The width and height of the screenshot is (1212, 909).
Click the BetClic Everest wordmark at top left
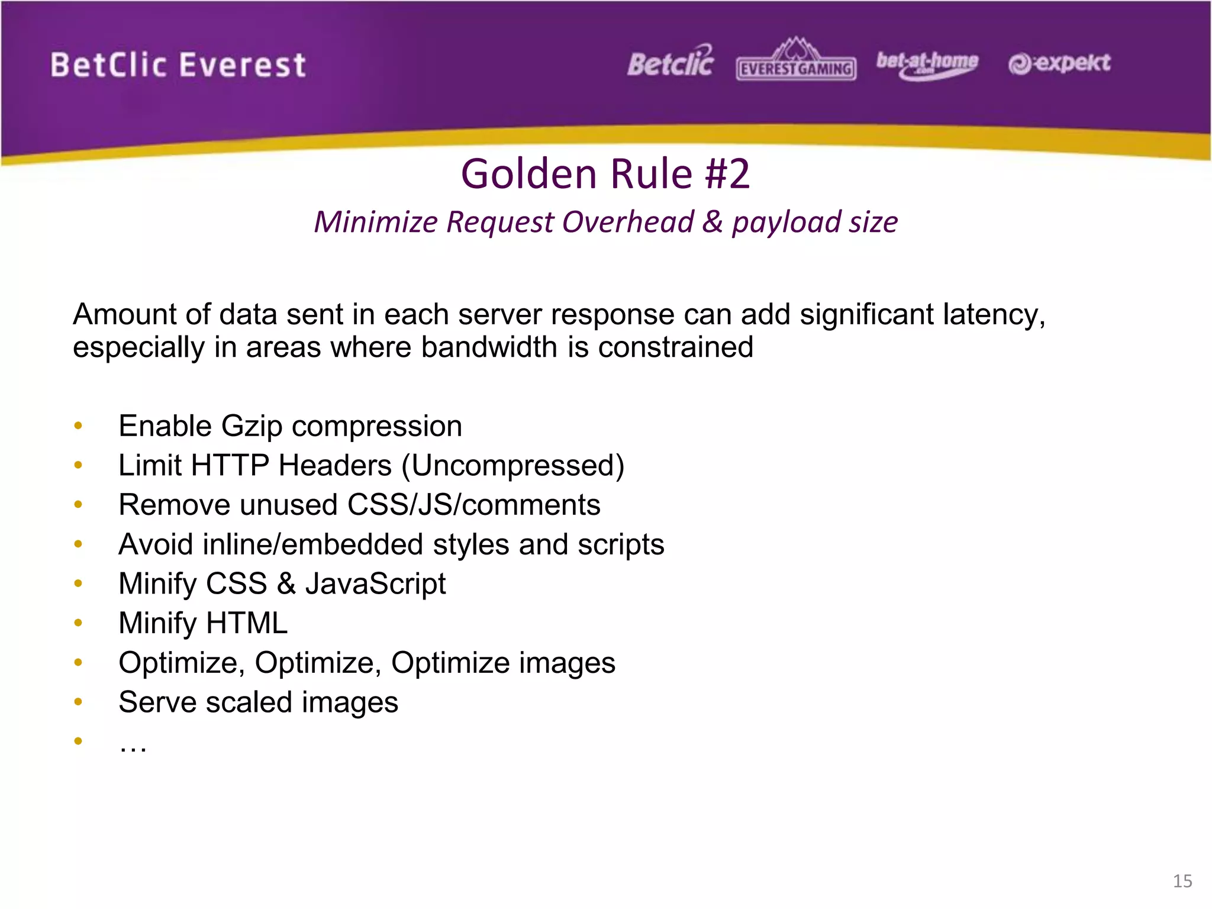tap(178, 65)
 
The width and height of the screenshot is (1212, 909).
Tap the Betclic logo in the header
tap(671, 62)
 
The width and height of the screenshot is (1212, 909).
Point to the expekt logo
tap(1059, 63)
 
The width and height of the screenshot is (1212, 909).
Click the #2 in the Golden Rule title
tap(727, 174)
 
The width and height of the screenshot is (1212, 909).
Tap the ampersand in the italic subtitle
tap(713, 223)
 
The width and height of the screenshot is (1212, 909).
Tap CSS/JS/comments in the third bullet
tap(473, 505)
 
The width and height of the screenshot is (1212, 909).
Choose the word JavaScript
tap(375, 584)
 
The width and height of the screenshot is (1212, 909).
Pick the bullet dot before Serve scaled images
tap(78, 702)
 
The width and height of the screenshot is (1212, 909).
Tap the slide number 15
tap(1182, 881)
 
